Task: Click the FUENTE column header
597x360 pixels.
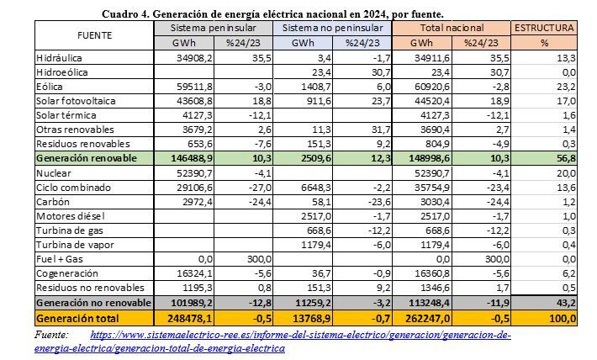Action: pyautogui.click(x=94, y=35)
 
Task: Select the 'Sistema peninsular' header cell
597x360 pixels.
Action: pyautogui.click(x=214, y=28)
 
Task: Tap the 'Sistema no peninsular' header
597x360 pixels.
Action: pyautogui.click(x=332, y=28)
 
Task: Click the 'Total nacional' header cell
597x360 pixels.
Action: pyautogui.click(x=452, y=28)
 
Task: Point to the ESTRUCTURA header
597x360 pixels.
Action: pyautogui.click(x=544, y=28)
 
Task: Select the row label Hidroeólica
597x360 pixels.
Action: pyautogui.click(x=62, y=72)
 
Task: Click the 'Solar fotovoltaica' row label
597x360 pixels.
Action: pyautogui.click(x=76, y=101)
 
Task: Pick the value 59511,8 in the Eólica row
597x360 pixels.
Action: pyautogui.click(x=194, y=87)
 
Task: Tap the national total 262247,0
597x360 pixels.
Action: pyautogui.click(x=427, y=318)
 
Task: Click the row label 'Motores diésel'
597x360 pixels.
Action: pyautogui.click(x=71, y=216)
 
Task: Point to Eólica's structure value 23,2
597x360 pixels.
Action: pyautogui.click(x=566, y=87)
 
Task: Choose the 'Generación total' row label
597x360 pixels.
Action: pyautogui.click(x=77, y=318)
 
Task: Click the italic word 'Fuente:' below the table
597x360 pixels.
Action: pyautogui.click(x=51, y=335)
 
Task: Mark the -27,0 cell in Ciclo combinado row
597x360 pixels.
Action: pyautogui.click(x=260, y=188)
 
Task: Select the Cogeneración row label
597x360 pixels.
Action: pyautogui.click(x=67, y=273)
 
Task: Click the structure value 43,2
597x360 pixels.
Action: pyautogui.click(x=566, y=304)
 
